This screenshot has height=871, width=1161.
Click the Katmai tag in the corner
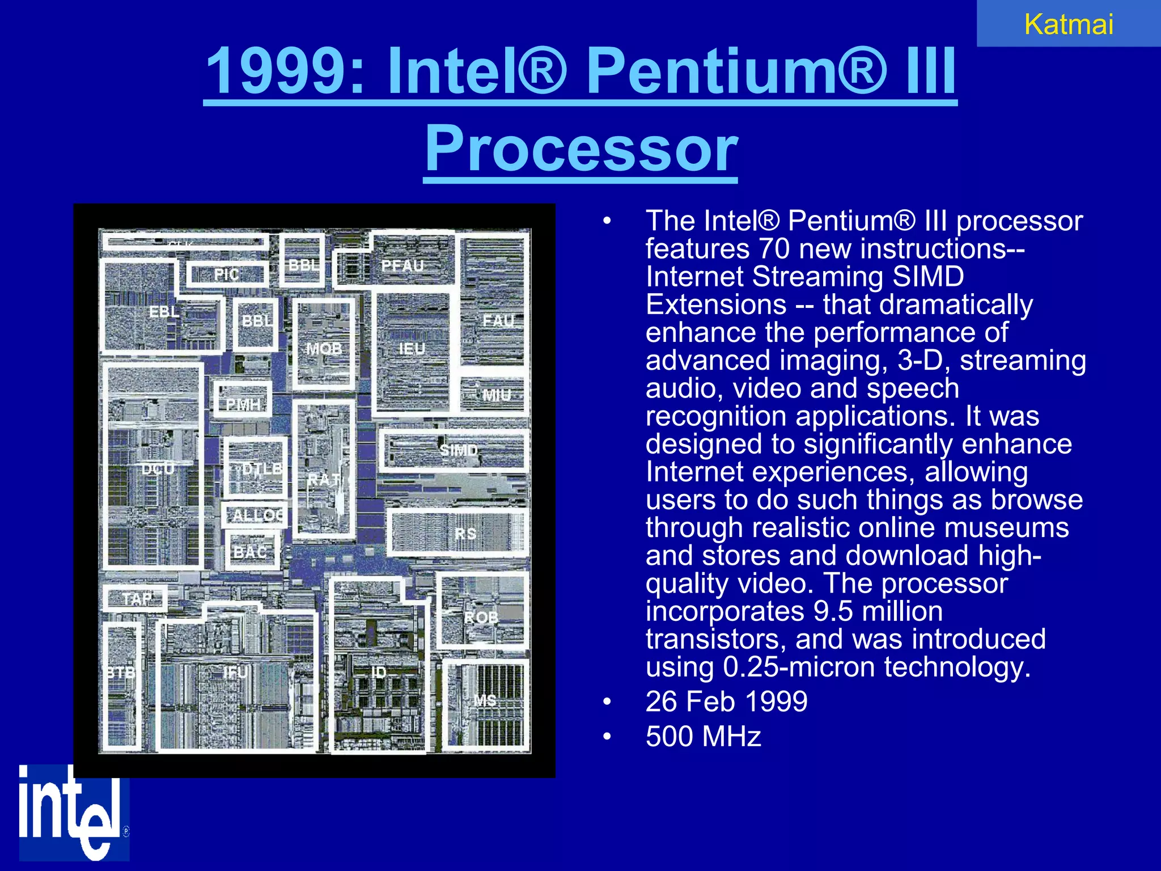click(x=1069, y=24)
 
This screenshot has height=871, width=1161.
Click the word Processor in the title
click(x=581, y=149)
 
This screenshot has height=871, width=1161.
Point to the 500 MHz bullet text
click(x=703, y=737)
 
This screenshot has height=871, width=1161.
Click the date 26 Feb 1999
click(x=726, y=701)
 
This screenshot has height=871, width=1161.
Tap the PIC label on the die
click(x=226, y=275)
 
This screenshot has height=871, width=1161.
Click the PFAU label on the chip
click(x=402, y=265)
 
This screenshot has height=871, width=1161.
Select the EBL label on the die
click(x=164, y=311)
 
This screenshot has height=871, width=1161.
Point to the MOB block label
click(x=324, y=348)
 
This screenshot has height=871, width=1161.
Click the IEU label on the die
click(x=412, y=349)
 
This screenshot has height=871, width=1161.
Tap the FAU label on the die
click(x=498, y=321)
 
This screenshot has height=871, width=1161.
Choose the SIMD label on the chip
click(x=459, y=450)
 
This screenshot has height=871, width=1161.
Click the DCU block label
click(x=158, y=468)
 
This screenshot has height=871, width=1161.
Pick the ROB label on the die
click(x=481, y=618)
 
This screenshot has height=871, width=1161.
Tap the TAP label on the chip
click(x=137, y=599)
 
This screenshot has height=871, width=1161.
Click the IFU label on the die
click(x=235, y=673)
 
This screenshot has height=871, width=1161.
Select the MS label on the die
click(x=485, y=700)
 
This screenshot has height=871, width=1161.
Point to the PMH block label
click(x=243, y=404)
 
